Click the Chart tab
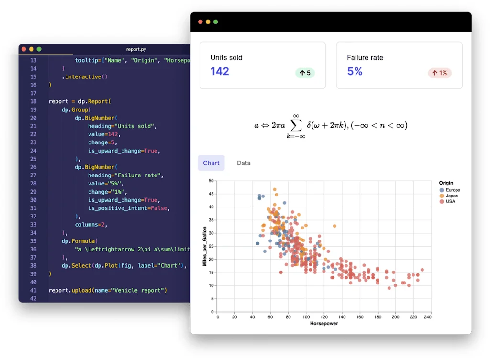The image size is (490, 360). [x=211, y=163]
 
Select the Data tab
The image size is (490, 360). [x=244, y=163]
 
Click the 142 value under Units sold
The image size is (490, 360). [x=220, y=71]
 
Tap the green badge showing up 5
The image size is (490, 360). [x=305, y=73]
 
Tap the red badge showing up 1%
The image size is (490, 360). [x=440, y=73]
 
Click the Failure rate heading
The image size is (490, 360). [x=365, y=58]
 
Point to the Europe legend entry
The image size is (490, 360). [x=449, y=190]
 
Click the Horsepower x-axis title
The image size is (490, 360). [x=324, y=324]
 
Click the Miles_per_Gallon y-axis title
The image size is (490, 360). [x=204, y=246]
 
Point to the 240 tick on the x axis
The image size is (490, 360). [x=427, y=316]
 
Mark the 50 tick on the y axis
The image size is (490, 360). [x=211, y=181]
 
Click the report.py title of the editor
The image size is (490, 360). [x=136, y=49]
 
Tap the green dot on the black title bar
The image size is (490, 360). [x=216, y=22]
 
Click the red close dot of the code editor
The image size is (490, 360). [x=24, y=49]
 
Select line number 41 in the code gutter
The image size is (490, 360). [x=33, y=290]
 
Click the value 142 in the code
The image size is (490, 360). [x=111, y=134]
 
